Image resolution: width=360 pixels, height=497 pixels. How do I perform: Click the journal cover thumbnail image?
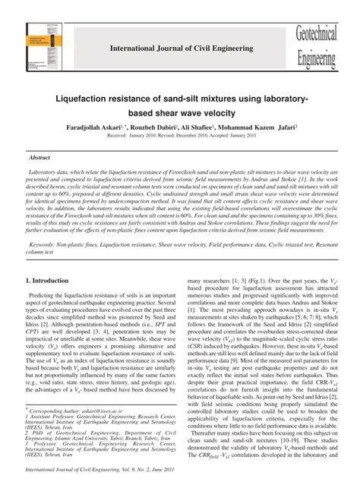(47, 50)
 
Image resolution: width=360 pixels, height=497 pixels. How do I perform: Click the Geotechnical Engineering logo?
(316, 47)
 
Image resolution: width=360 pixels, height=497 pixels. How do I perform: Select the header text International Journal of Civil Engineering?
(182, 49)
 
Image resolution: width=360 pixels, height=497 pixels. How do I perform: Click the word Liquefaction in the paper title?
(83, 99)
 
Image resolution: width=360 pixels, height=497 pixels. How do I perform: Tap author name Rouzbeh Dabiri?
(153, 127)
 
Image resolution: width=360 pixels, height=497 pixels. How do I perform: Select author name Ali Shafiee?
(203, 127)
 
